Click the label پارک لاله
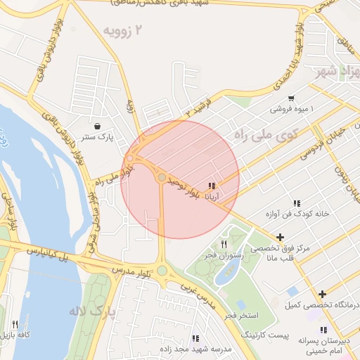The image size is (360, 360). click(x=91, y=310)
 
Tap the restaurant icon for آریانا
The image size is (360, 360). click(x=211, y=186)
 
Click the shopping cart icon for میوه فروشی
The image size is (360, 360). click(x=291, y=98)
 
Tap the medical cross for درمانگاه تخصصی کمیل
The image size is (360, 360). click(x=322, y=294)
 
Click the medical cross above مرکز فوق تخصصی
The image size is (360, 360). click(x=281, y=237)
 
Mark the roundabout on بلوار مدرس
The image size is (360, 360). click(x=162, y=270)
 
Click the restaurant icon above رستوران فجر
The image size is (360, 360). click(x=224, y=244)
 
